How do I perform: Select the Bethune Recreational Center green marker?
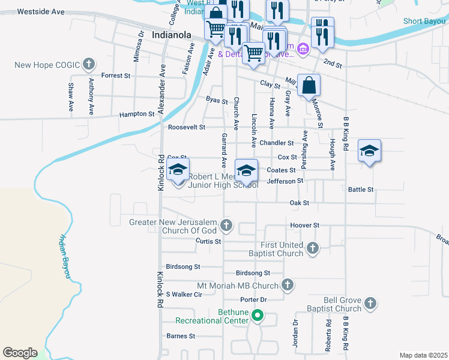[x=258, y=314]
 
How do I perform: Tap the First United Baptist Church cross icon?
[x=312, y=248]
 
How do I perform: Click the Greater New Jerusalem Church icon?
[x=226, y=226]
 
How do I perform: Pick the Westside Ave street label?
[x=41, y=11]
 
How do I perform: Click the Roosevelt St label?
[x=186, y=127]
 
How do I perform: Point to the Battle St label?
[x=361, y=190]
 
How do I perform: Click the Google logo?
[x=20, y=353]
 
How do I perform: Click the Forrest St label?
[x=116, y=76]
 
